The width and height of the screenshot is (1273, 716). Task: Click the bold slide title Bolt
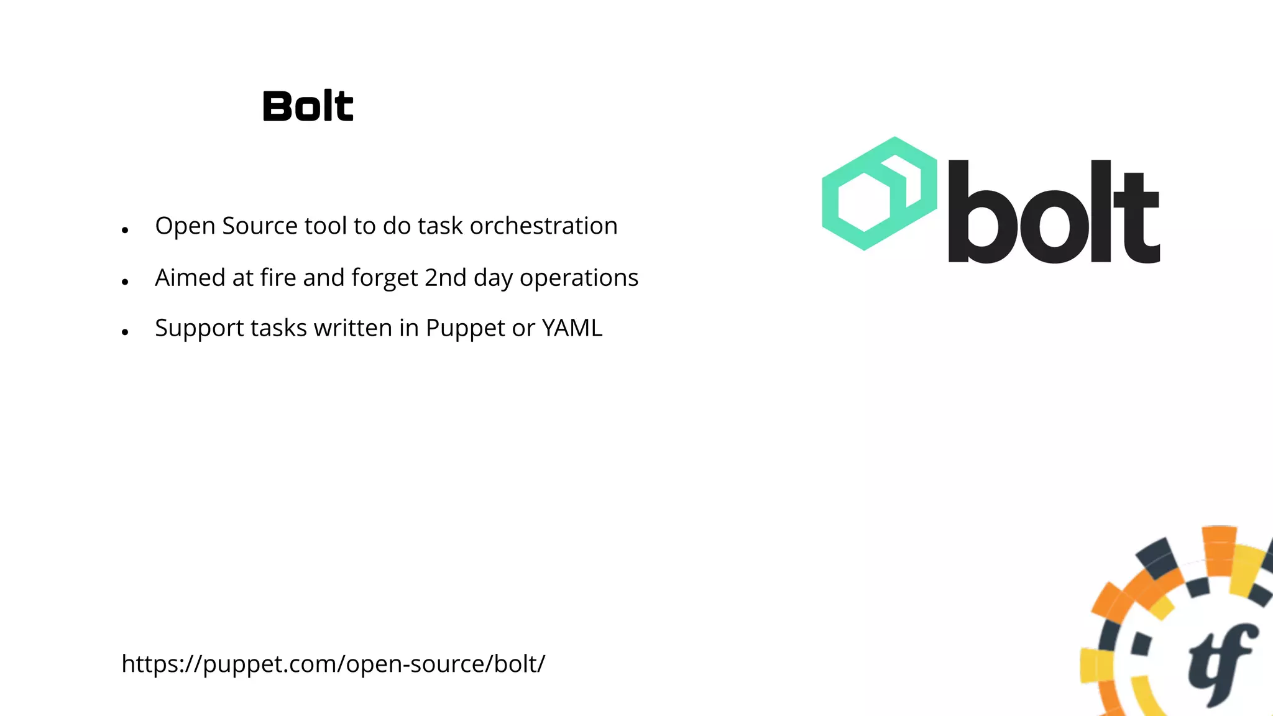coord(308,106)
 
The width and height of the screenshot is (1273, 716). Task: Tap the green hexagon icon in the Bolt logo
coord(878,193)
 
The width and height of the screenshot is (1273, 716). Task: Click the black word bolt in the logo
coord(1053,211)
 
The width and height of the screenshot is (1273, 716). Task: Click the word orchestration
coord(543,226)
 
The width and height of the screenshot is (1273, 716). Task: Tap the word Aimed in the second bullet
coord(190,278)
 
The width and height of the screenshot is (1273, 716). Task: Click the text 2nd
coord(445,278)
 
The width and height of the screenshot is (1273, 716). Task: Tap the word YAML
coord(572,328)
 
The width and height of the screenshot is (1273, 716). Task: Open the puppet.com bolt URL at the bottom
coord(333,664)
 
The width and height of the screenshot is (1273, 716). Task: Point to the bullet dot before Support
coord(125,333)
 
